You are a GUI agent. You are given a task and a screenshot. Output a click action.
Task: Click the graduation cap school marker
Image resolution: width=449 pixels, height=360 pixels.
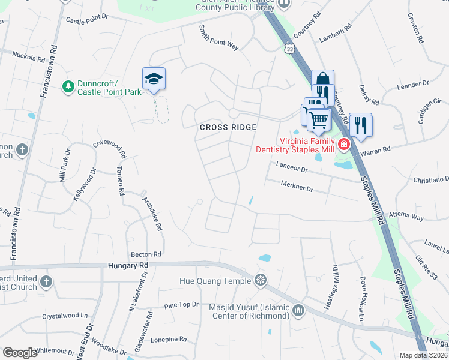coord(154,79)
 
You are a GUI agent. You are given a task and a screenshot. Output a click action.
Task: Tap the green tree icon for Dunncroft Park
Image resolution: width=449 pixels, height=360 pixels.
coord(69,88)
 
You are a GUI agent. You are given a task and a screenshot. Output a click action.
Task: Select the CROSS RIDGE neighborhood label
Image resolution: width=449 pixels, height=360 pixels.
coord(228,127)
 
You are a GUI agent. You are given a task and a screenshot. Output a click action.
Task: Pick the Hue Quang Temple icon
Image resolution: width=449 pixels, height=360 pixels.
coord(260,280)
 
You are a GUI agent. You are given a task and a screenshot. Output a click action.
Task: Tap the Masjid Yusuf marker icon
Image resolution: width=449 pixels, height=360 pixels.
coord(298,310)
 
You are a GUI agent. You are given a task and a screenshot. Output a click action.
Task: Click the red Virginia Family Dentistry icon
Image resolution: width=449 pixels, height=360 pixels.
coord(343,144)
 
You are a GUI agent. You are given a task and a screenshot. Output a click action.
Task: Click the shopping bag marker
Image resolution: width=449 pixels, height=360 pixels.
coord(322,80)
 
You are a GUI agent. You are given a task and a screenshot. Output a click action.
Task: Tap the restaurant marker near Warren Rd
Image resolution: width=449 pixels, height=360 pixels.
coord(361,125)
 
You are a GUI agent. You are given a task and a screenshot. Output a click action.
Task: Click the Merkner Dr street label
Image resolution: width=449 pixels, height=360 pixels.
coord(297,188)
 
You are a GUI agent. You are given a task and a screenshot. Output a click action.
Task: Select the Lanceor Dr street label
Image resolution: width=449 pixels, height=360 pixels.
coord(292,170)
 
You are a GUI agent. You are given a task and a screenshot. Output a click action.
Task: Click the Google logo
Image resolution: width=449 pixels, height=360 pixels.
coord(20,353)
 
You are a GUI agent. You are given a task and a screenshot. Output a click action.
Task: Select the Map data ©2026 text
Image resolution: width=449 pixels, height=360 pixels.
coord(423,355)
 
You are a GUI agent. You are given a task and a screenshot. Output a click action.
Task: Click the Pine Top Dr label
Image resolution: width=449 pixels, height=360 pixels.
coord(181,305)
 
